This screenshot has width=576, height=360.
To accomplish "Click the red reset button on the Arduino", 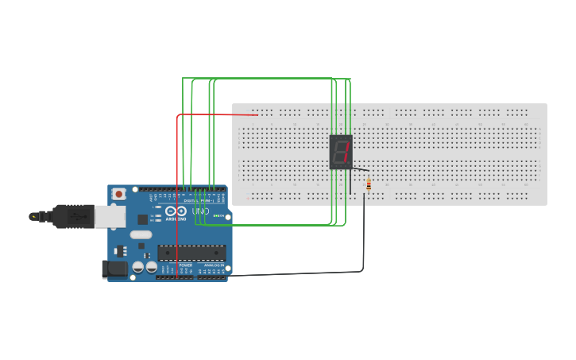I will click(118, 193).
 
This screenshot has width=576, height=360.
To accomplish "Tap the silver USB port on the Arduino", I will click(110, 216).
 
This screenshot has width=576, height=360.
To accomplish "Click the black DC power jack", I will click(114, 269).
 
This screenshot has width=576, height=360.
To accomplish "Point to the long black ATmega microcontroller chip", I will click(191, 253).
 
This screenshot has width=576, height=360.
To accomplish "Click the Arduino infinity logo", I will click(176, 211).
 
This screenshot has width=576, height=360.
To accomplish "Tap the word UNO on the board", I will click(200, 211).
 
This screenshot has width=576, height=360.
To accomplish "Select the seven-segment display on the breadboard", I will click(341, 152).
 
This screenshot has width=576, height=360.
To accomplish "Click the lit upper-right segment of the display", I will click(347, 145).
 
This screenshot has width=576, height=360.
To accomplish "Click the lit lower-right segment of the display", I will click(346, 158).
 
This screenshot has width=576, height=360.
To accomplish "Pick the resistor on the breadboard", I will click(369, 185).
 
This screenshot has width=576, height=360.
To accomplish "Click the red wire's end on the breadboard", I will click(256, 115).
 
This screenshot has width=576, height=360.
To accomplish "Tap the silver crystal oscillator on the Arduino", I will click(141, 234).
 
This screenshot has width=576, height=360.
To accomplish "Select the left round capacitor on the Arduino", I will click(138, 267).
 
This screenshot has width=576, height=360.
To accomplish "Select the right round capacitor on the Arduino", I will click(150, 267).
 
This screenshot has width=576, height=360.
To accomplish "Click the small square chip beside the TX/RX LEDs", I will click(143, 219).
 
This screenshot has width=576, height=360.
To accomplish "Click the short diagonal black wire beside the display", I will click(360, 168).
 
